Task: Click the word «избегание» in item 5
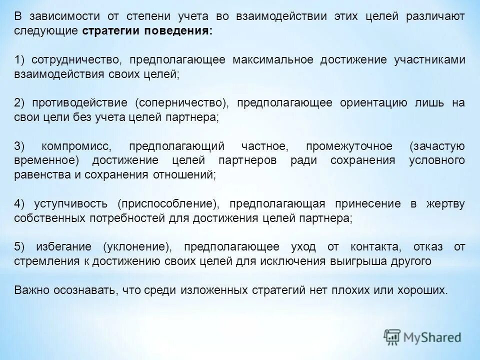(x=63, y=247)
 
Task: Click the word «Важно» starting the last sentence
(x=29, y=290)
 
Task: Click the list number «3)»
(x=19, y=146)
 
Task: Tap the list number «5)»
(x=19, y=247)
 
